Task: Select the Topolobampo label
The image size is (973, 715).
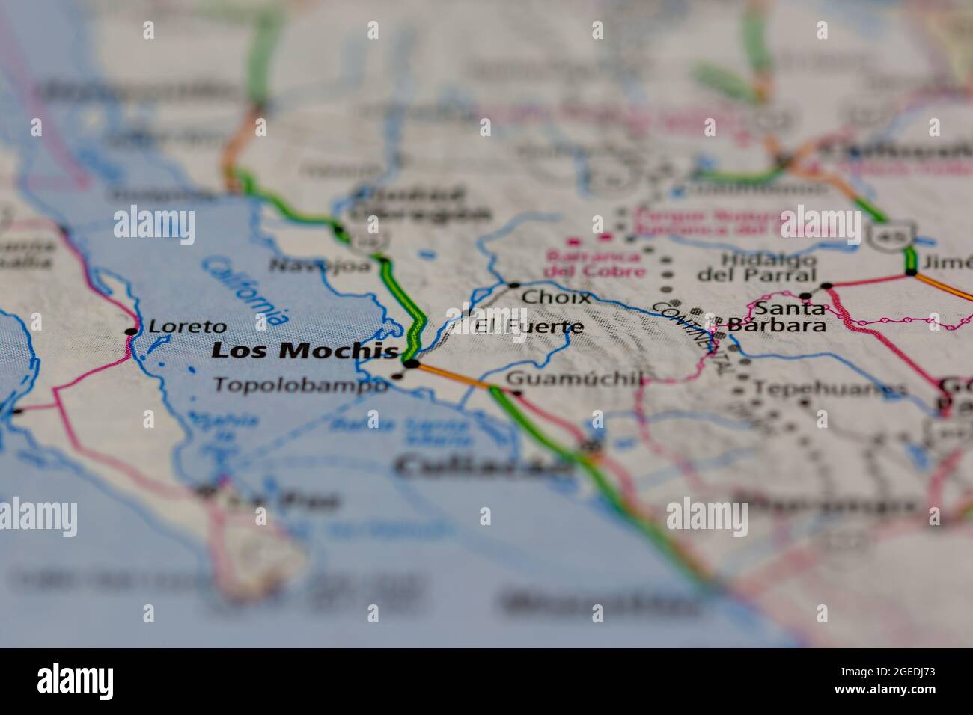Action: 301,384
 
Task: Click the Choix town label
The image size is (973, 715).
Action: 555,297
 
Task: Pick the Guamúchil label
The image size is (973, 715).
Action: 574,379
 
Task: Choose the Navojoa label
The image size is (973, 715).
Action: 320,265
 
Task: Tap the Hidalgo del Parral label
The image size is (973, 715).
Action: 757,267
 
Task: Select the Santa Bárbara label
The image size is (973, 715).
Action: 788,316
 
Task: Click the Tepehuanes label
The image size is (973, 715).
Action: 830,389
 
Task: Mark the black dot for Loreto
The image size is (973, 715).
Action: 132,331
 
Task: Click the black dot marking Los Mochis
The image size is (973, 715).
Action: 411,363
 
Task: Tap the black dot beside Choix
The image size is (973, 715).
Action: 514,286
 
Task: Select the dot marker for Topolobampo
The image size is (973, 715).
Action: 397,376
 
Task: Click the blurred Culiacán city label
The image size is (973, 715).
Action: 483,467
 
